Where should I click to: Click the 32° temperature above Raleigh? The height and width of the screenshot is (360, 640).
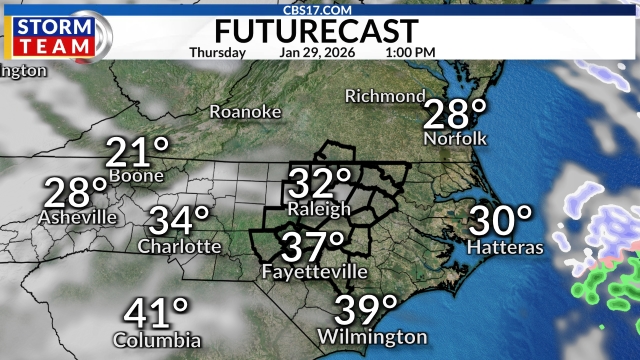pyautogui.click(x=320, y=185)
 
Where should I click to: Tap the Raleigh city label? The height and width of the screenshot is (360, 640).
pyautogui.click(x=319, y=209)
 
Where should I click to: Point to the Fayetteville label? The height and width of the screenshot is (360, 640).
pyautogui.click(x=313, y=272)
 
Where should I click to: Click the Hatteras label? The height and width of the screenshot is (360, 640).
pyautogui.click(x=505, y=246)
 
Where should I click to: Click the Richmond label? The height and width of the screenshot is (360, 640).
pyautogui.click(x=385, y=96)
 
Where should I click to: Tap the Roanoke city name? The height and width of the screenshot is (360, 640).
pyautogui.click(x=245, y=112)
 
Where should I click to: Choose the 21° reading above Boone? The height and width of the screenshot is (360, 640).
pyautogui.click(x=138, y=153)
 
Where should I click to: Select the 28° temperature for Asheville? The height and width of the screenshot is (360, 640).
pyautogui.click(x=76, y=193)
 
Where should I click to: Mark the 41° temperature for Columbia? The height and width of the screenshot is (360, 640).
pyautogui.click(x=157, y=314)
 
